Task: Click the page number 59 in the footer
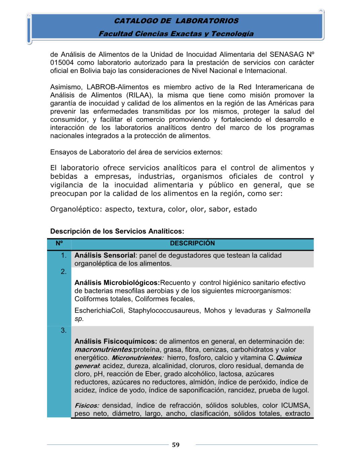pyautogui.click(x=175, y=445)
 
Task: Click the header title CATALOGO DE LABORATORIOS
pyautogui.click(x=176, y=21)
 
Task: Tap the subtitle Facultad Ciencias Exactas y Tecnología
pyautogui.click(x=176, y=34)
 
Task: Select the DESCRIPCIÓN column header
pyautogui.click(x=192, y=243)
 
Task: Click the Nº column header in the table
pyautogui.click(x=59, y=243)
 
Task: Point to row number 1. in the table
pyautogui.click(x=64, y=256)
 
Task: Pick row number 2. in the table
pyautogui.click(x=64, y=272)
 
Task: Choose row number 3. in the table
pyautogui.click(x=64, y=331)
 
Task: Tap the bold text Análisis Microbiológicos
pyautogui.click(x=117, y=283)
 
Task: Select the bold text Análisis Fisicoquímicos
pyautogui.click(x=116, y=342)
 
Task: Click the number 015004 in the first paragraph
pyautogui.click(x=62, y=63)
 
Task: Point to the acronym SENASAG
pyautogui.click(x=286, y=54)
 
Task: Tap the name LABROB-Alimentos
pyautogui.click(x=117, y=87)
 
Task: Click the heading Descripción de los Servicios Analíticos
pyautogui.click(x=117, y=231)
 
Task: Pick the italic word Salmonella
pyautogui.click(x=293, y=311)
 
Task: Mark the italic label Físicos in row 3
pyautogui.click(x=86, y=405)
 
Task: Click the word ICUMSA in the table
pyautogui.click(x=295, y=405)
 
